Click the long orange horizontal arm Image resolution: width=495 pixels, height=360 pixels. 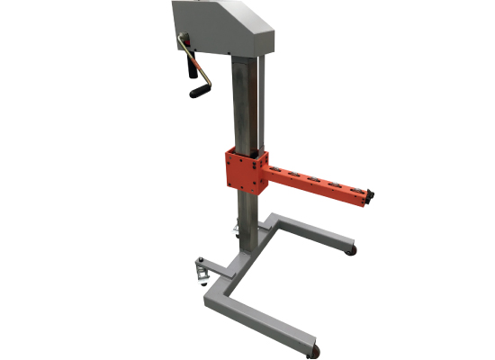tap(315, 182)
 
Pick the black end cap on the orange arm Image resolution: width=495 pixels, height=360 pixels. tap(369, 196)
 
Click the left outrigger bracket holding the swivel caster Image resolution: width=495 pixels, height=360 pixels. tap(214, 267)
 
